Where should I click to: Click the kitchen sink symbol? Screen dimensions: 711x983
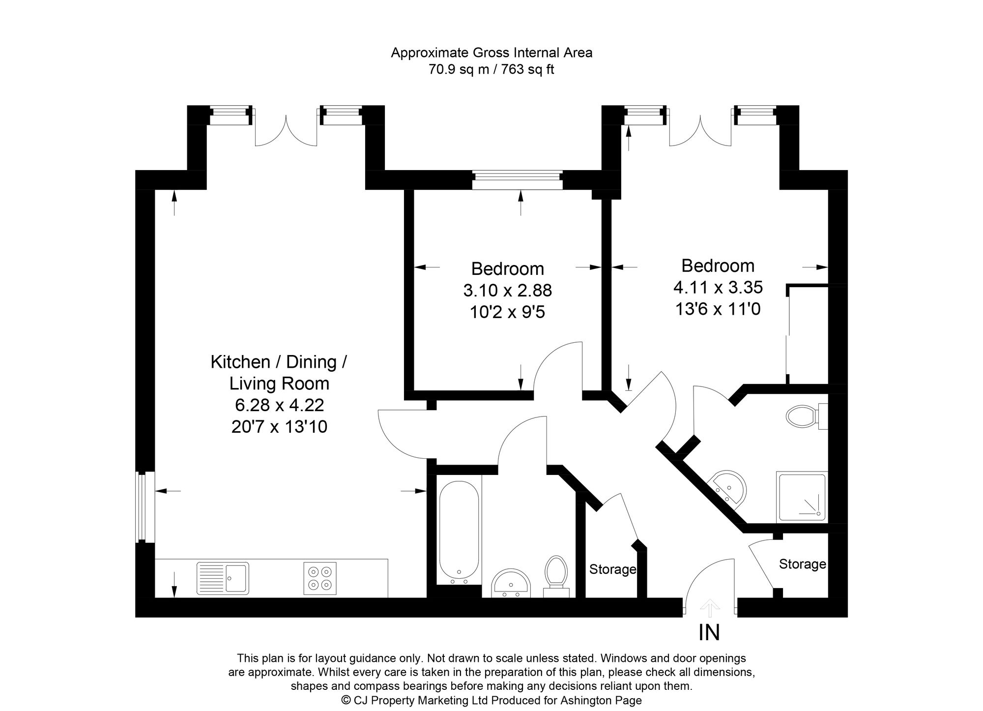tap(223, 578)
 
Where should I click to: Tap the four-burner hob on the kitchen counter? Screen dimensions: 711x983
tap(320, 578)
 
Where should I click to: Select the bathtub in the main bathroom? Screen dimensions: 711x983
tap(459, 531)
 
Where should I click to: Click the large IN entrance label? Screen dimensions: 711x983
tap(709, 633)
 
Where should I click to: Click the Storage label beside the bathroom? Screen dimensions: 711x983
tap(612, 569)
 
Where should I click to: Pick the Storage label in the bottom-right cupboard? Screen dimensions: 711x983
tap(802, 564)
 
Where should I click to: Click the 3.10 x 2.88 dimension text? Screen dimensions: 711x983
tap(507, 290)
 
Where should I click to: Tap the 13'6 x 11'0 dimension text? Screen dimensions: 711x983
tap(718, 309)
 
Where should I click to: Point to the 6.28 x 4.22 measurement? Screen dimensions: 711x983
tap(279, 405)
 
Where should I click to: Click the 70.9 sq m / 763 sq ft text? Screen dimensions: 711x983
tap(491, 69)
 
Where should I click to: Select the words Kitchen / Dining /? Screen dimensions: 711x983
tap(279, 362)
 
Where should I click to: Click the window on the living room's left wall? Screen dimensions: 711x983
tap(142, 506)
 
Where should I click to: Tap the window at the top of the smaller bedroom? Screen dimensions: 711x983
tap(517, 180)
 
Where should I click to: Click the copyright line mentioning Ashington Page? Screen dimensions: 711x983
tap(491, 700)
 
